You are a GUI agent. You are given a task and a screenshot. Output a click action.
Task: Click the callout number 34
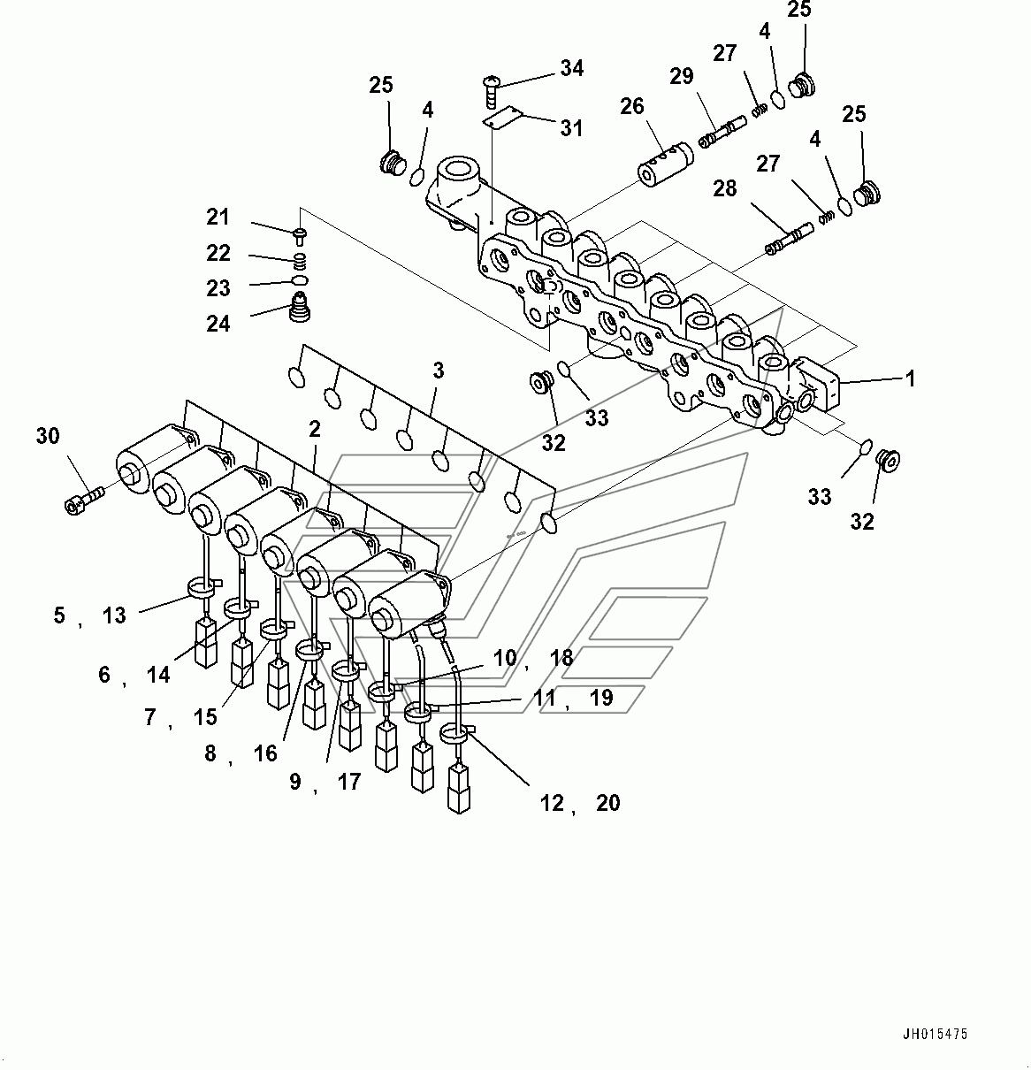click(571, 68)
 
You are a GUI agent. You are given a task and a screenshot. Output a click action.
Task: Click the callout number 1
click(909, 379)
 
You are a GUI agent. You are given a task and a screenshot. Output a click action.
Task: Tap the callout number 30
click(48, 436)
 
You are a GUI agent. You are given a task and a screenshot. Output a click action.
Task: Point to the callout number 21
click(218, 218)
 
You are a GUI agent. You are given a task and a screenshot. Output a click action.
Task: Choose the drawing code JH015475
click(935, 1034)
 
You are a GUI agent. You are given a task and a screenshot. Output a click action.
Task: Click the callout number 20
click(607, 803)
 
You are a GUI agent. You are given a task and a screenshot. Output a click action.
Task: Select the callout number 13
click(114, 615)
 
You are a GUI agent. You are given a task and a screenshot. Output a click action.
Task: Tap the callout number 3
click(438, 371)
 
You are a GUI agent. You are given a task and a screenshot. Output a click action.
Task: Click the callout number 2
click(314, 430)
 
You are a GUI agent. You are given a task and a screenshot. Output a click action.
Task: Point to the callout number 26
click(631, 108)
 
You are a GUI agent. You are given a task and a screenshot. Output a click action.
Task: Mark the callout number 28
click(724, 188)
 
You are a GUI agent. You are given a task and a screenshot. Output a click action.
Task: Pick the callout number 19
click(600, 699)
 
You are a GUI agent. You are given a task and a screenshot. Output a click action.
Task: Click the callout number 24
click(218, 325)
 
